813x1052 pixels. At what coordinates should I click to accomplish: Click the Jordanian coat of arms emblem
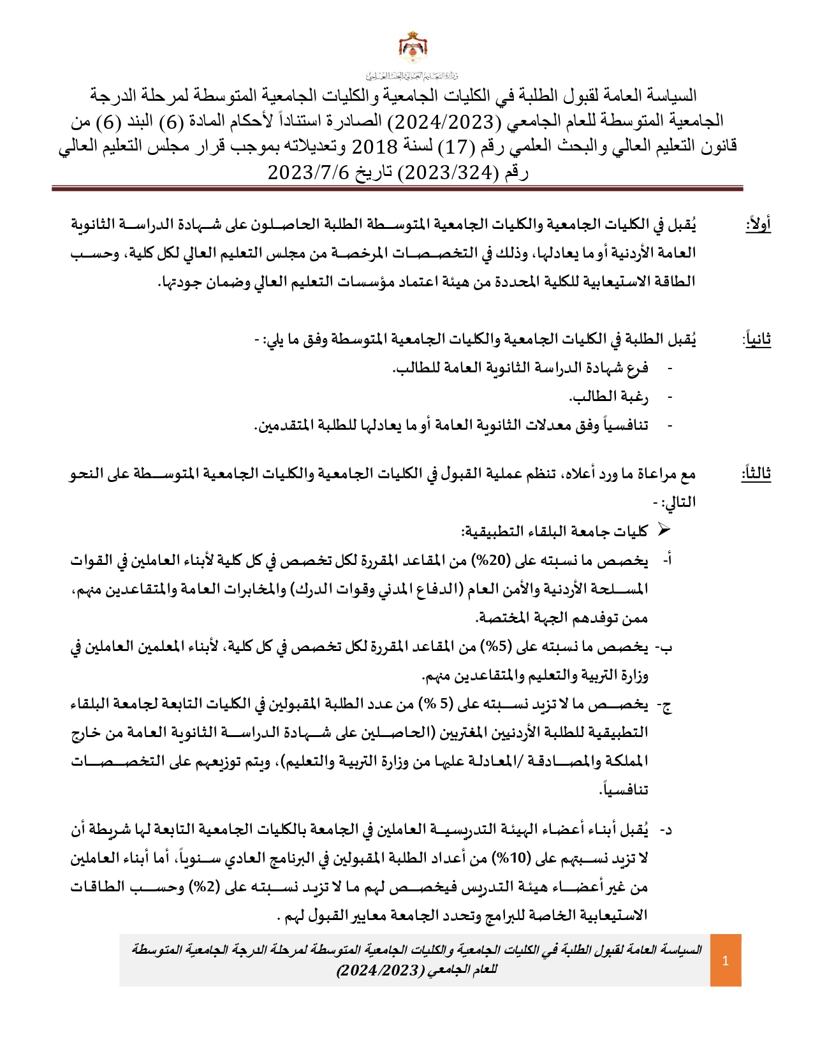(413, 47)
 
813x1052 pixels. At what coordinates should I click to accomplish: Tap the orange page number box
(726, 960)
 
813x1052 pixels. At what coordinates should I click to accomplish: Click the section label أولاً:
(758, 224)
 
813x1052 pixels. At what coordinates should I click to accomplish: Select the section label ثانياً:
(757, 339)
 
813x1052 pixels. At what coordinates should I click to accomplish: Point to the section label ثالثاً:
(756, 473)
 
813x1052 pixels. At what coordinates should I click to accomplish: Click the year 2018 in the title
(375, 147)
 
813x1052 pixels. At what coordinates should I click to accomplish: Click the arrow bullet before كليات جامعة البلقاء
(664, 530)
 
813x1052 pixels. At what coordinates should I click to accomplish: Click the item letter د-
(665, 830)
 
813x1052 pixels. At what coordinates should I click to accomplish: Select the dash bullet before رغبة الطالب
(670, 397)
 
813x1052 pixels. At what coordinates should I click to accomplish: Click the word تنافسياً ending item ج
(624, 790)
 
